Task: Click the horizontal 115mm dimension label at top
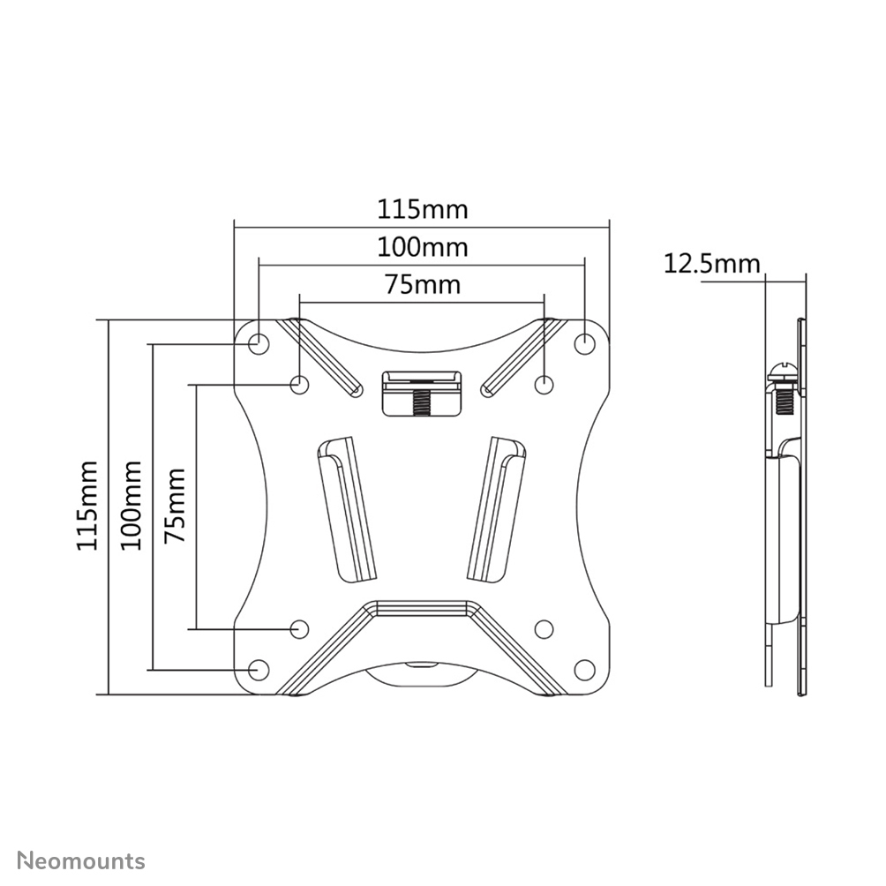coord(423,210)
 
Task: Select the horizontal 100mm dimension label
coord(423,247)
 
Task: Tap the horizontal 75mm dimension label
coord(423,284)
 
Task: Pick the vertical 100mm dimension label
coord(132,507)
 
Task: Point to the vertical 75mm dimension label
coord(175,507)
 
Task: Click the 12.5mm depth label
coord(711,263)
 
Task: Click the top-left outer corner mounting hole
coord(259,342)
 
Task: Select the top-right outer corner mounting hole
coord(584,342)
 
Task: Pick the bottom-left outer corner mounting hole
coord(259,670)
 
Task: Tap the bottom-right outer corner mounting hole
coord(584,670)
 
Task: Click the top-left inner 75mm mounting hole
coord(300,384)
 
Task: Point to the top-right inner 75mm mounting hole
coord(544,384)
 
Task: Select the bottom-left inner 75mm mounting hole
coord(300,628)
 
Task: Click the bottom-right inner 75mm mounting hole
coord(544,628)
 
